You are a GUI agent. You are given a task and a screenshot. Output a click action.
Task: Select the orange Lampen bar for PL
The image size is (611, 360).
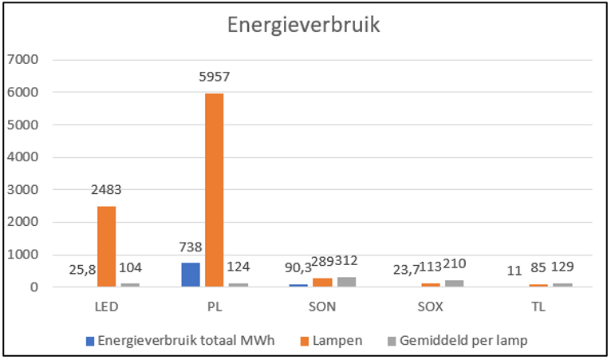click(214, 190)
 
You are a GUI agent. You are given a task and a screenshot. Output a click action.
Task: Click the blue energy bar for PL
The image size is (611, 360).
click(190, 274)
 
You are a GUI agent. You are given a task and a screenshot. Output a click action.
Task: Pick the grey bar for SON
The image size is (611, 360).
click(346, 281)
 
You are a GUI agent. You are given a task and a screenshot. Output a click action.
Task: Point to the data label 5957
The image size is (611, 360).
click(214, 79)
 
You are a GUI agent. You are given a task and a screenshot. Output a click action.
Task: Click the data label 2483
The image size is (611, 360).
click(106, 190)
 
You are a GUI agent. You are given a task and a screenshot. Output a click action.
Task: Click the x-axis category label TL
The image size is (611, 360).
click(538, 307)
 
